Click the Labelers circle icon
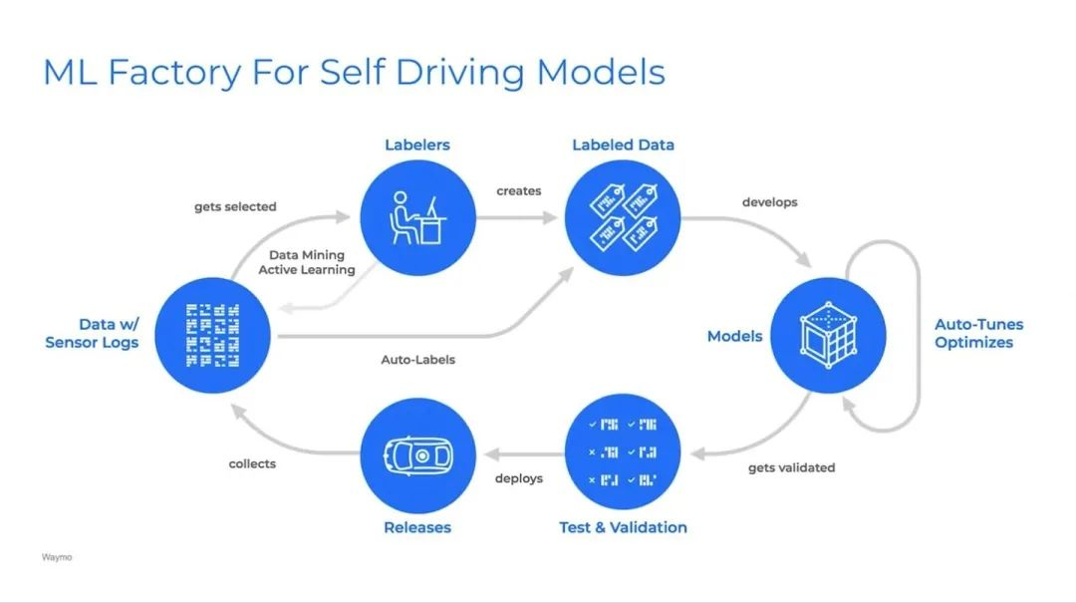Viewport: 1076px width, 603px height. pos(417,218)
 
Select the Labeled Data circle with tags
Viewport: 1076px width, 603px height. pos(623,218)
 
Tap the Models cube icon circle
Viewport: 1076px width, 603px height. pos(828,336)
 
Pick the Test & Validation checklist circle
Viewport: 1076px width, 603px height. pos(623,452)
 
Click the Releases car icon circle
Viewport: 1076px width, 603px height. pos(417,455)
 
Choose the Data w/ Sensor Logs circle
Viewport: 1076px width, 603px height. pos(213,336)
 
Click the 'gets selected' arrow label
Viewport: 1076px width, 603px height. pos(235,206)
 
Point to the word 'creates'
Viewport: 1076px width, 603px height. pos(519,191)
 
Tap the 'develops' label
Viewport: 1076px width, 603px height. pos(770,202)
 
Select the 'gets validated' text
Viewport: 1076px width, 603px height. pos(791,467)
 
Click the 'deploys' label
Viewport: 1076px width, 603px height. pos(519,478)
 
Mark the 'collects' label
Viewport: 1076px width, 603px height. pos(252,463)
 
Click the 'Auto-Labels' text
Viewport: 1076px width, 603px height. pos(417,360)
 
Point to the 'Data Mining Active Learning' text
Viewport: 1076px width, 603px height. pos(307,262)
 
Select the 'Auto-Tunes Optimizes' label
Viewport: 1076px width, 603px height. pos(978,333)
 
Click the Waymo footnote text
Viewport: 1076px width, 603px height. pos(56,557)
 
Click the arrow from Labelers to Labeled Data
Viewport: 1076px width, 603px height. pos(516,218)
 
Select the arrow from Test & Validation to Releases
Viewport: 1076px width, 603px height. pos(524,453)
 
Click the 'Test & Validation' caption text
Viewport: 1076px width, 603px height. pos(623,527)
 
